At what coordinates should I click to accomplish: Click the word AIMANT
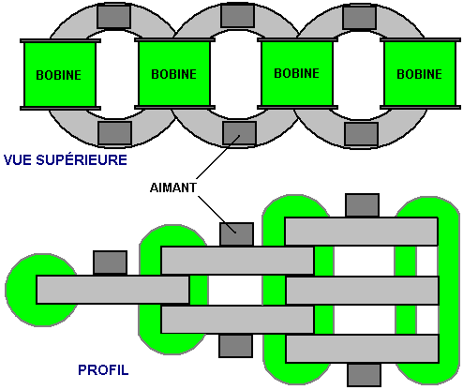tap(173, 187)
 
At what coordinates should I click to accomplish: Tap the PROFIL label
tap(103, 370)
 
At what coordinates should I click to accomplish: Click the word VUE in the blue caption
tap(18, 160)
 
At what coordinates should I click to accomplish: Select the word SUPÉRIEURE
tap(82, 159)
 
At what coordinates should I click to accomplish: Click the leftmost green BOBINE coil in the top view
tap(60, 74)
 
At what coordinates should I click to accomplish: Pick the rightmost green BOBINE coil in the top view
tap(420, 74)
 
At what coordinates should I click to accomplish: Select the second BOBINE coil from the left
tap(174, 74)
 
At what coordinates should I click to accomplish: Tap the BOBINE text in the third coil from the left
tap(297, 73)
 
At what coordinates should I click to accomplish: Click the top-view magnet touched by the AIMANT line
tap(239, 133)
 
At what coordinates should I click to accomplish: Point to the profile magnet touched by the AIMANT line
tap(236, 234)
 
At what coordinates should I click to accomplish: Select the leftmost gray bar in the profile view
tap(112, 290)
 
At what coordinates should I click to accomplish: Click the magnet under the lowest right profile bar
tap(364, 374)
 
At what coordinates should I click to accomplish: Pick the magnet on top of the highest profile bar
tap(362, 205)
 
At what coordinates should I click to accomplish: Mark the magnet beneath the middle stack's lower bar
tap(235, 345)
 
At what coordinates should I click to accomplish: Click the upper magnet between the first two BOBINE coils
tap(113, 17)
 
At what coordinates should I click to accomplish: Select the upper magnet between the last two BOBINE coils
tap(359, 17)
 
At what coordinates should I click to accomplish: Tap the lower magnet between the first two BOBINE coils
tap(114, 133)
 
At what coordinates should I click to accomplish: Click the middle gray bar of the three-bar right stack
tap(363, 291)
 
